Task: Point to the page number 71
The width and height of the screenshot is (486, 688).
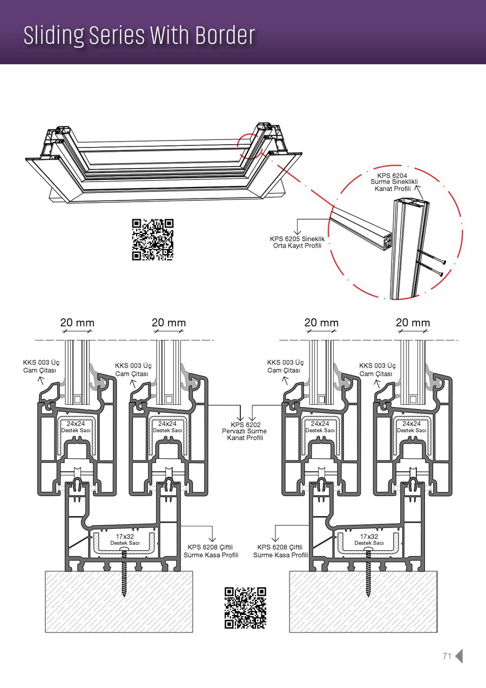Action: (x=447, y=656)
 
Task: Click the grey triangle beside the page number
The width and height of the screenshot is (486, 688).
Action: (x=459, y=656)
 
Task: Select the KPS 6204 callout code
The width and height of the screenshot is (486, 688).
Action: (x=390, y=175)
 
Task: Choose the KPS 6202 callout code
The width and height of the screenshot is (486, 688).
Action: (x=246, y=425)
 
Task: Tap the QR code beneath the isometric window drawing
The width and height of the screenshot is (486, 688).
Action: (x=153, y=239)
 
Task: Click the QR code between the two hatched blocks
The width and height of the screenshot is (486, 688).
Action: (x=245, y=608)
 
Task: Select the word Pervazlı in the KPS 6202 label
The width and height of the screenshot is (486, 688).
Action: (x=234, y=431)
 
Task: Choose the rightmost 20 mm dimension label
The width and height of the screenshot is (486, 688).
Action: (x=413, y=323)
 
